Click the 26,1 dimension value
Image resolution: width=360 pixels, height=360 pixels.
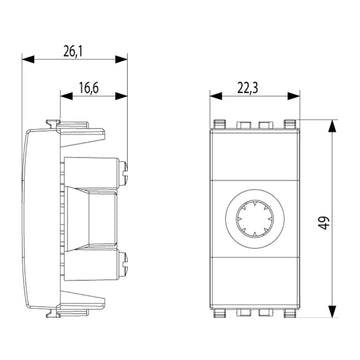click(73, 51)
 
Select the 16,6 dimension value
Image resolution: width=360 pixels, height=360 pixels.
click(89, 88)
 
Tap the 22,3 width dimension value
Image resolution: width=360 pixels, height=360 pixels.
click(248, 88)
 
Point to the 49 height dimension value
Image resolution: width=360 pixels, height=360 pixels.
click(324, 222)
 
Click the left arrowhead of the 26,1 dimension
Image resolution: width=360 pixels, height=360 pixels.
click(28, 60)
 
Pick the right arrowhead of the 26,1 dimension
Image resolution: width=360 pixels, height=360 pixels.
click(121, 60)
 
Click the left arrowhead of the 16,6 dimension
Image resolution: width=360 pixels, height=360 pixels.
click(67, 96)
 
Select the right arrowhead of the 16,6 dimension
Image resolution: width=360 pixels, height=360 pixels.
click(121, 96)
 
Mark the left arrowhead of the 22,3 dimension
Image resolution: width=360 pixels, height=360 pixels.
click(216, 96)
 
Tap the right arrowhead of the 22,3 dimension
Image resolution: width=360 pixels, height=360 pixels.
click(294, 96)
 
